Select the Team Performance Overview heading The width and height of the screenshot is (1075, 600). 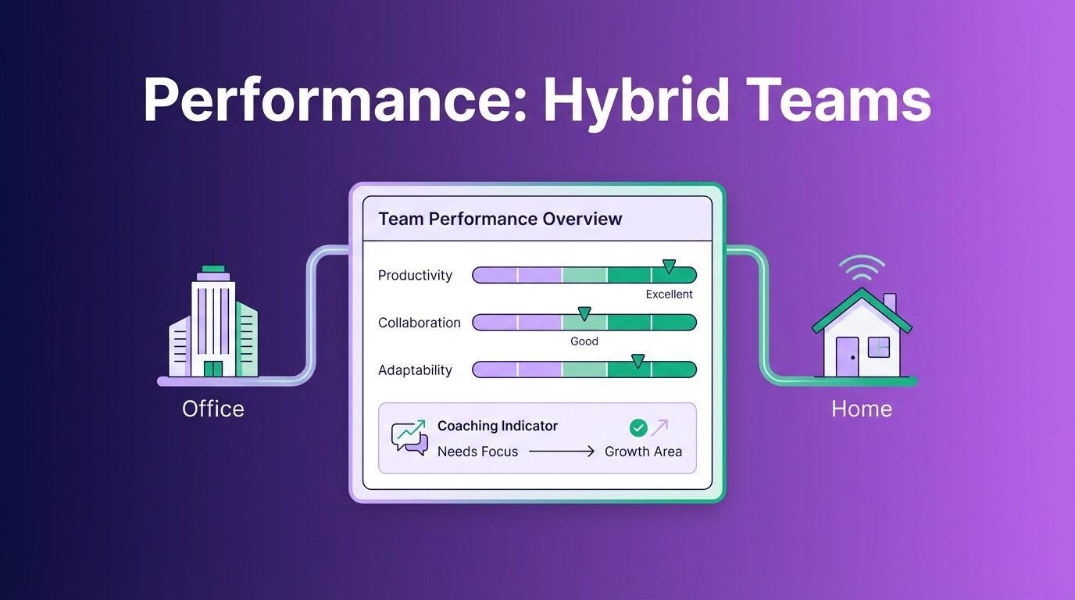tap(500, 219)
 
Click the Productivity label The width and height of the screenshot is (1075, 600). tap(415, 276)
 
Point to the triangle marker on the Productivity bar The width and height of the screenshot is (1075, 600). tap(669, 266)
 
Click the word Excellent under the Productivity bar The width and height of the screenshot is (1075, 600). tap(669, 295)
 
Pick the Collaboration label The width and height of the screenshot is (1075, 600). tap(420, 323)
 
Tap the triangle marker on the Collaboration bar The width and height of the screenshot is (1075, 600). tap(584, 313)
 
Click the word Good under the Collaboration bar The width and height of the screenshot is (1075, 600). tap(584, 341)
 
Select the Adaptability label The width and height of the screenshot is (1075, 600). tap(415, 370)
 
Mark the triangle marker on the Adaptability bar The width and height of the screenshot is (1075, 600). tap(637, 361)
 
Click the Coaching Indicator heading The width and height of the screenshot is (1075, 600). tap(498, 426)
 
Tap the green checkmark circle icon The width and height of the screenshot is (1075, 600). tap(638, 427)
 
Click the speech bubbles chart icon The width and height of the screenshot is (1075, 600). tap(409, 437)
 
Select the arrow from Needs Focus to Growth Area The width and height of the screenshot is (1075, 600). tap(562, 452)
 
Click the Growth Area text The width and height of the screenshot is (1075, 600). tap(643, 452)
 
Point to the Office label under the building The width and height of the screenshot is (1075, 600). tap(213, 409)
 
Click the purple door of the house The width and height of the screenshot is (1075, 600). tap(847, 356)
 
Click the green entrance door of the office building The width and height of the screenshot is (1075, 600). tap(213, 369)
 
